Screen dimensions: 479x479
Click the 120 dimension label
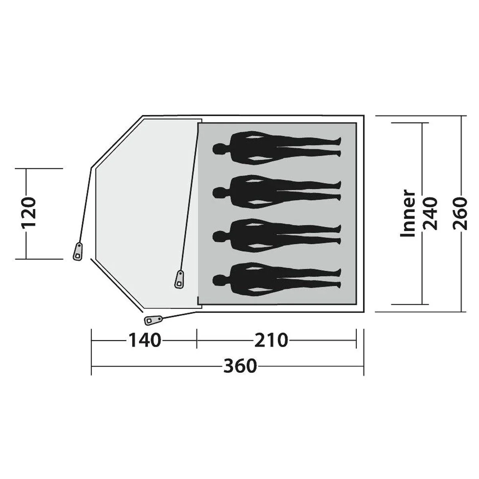tap(29, 214)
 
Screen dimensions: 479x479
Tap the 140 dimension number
tap(144, 340)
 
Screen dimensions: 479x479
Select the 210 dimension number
tap(271, 340)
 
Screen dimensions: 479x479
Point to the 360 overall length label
tap(240, 366)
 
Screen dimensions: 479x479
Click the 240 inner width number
tap(430, 214)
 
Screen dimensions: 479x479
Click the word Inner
tap(408, 214)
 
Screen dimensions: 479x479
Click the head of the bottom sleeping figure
tap(219, 280)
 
